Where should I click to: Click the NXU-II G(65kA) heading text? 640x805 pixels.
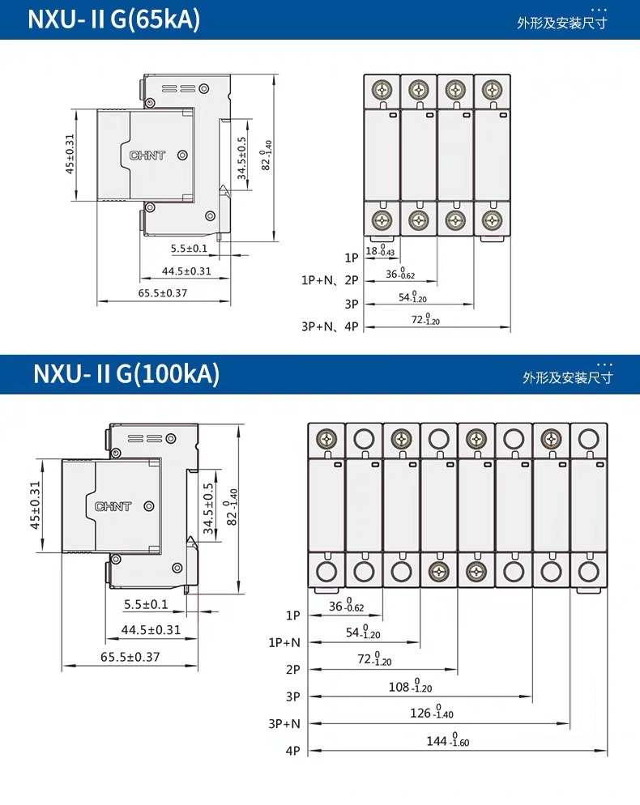click(113, 19)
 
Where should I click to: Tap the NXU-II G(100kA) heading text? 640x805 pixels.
click(126, 374)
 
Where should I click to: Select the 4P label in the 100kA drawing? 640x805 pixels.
click(293, 751)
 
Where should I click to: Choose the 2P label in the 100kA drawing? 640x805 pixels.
click(293, 670)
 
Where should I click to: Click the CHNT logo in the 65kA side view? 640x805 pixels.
click(147, 154)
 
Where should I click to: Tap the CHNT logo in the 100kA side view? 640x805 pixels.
click(113, 506)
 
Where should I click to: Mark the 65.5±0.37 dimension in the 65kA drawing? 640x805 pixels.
click(162, 293)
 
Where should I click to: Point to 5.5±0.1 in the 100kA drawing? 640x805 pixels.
click(146, 604)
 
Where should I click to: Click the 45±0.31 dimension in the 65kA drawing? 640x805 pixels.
click(70, 154)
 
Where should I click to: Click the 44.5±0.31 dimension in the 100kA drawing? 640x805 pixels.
click(151, 630)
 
